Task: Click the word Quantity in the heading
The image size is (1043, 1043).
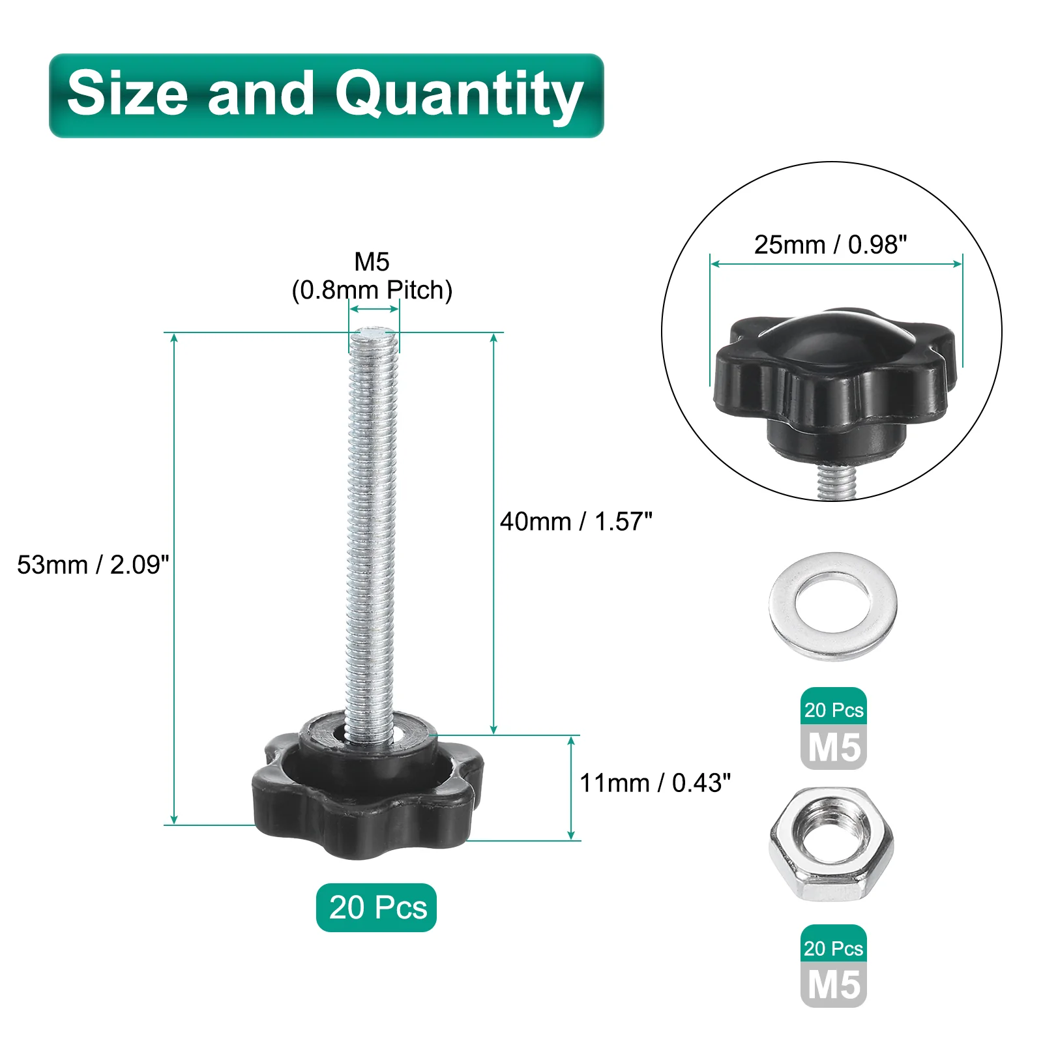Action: [459, 97]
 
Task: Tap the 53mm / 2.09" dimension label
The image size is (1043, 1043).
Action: [93, 565]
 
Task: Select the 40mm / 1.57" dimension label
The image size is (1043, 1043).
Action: [576, 521]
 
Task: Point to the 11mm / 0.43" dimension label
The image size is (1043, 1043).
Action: [655, 783]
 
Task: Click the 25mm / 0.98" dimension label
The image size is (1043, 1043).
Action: [830, 244]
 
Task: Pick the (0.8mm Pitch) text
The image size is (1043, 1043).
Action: [372, 290]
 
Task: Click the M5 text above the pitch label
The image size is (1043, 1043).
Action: [372, 262]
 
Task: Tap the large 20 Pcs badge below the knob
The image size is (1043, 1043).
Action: [377, 907]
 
